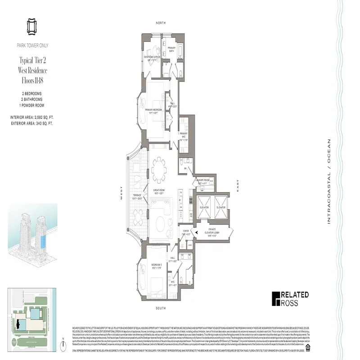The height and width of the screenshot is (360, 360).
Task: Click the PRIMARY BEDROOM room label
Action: click(153, 110)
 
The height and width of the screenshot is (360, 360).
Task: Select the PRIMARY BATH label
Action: click(171, 49)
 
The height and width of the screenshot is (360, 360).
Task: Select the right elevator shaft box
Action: click(220, 207)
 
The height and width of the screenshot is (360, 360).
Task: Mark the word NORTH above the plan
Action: click(161, 23)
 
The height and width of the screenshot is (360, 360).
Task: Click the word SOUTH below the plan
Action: click(161, 308)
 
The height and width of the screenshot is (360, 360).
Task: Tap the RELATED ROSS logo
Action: click(290, 299)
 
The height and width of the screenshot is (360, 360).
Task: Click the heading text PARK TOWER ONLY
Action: click(33, 45)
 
